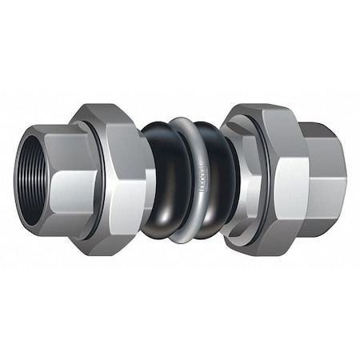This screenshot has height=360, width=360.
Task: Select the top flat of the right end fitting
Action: tap(316, 132)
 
